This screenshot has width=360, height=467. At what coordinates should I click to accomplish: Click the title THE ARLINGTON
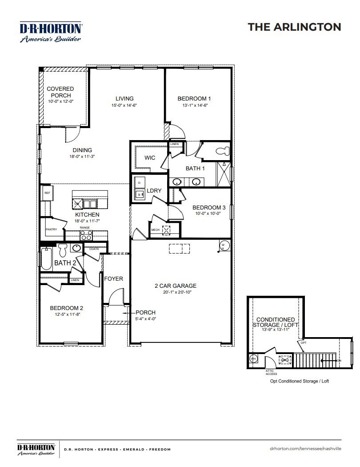coord(294,27)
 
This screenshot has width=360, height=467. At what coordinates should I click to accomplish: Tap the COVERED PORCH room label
coord(60,92)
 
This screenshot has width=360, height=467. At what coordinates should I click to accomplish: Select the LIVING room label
coord(124,99)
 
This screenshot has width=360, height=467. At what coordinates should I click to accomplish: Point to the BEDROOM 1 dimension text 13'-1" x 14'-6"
coord(194,105)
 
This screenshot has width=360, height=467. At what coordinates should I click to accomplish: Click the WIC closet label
coord(150,158)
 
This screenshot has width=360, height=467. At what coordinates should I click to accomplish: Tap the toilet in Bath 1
coord(222,151)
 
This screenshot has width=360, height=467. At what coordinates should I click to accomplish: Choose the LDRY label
coord(154,190)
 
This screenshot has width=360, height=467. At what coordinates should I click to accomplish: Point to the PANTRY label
coord(52,229)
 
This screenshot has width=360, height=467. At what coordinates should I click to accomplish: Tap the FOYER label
coord(113,279)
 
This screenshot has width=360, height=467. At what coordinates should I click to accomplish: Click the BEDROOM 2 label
coord(66,308)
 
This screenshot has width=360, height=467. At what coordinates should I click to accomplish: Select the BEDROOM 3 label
coord(209,208)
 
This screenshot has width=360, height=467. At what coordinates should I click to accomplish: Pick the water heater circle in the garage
coord(224,245)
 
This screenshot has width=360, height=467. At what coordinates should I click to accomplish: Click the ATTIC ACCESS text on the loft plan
coord(272,372)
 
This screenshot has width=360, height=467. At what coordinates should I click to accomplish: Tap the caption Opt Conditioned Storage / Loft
coord(300,381)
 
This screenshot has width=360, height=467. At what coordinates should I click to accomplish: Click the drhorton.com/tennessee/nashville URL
coord(305,449)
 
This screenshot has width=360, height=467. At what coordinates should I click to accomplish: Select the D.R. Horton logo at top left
coord(50,32)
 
